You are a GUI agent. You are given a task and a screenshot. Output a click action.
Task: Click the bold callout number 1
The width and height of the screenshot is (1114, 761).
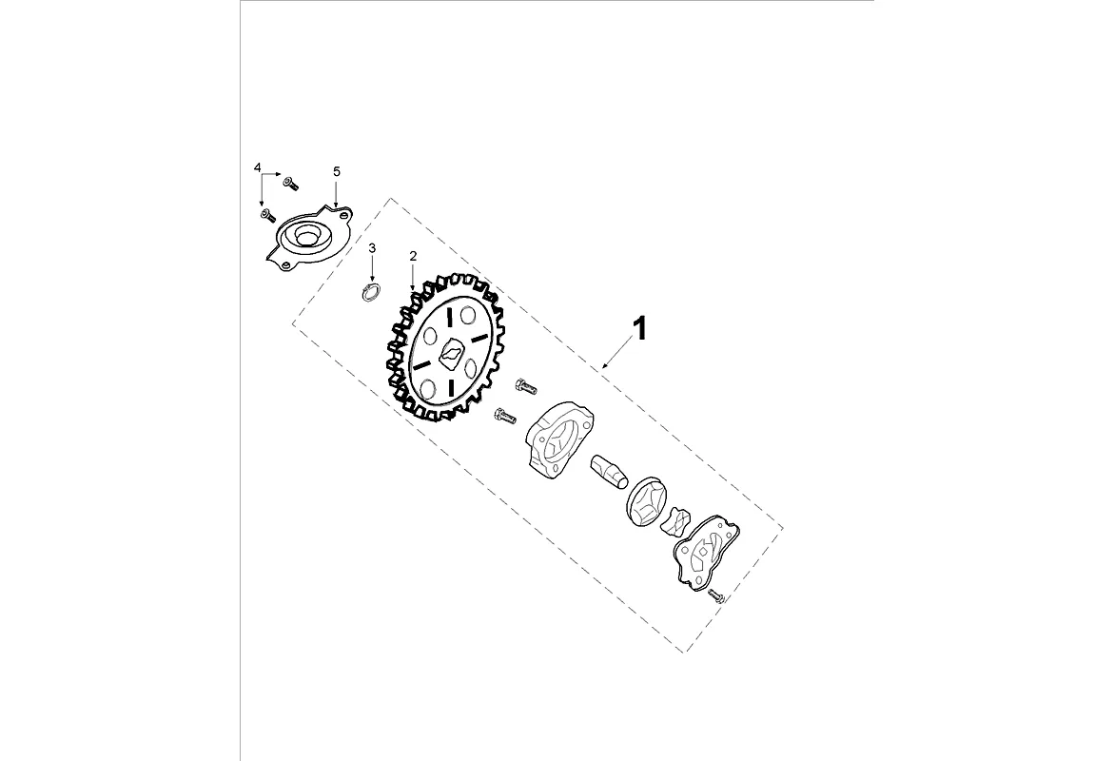coord(640,330)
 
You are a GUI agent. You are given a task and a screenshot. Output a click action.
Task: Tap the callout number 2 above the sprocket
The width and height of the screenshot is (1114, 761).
coord(413,256)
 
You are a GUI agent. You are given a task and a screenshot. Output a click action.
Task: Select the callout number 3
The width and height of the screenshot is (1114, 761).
coord(372,247)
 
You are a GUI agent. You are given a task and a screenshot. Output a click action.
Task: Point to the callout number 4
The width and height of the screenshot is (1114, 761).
coord(257,167)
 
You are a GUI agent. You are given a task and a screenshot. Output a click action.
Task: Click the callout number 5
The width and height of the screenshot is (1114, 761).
coord(337,171)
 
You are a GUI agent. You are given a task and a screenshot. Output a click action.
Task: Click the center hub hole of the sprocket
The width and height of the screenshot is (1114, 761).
coord(451,353)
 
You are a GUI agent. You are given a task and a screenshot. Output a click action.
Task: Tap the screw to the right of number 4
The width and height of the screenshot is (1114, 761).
coord(290,184)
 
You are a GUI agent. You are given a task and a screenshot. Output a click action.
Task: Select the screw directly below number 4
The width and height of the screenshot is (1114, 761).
coord(267,214)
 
